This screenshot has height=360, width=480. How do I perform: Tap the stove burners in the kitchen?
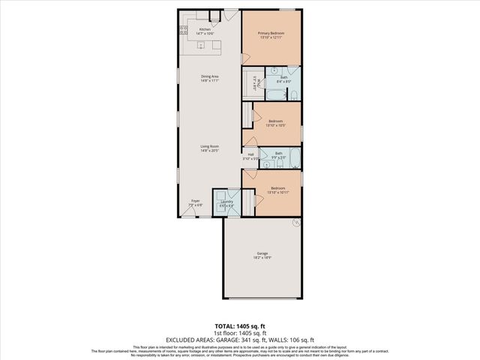coord(183,31)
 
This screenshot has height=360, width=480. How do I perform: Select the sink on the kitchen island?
coord(201,46)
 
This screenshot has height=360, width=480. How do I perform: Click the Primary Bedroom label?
coord(271,33)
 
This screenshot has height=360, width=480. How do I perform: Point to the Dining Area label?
coord(209,76)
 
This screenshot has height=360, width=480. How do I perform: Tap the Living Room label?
coord(209,145)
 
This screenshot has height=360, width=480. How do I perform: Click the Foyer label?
coord(195,200)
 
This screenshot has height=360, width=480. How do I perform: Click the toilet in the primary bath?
coord(295,94)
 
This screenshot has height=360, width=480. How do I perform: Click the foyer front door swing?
coord(188,211)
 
